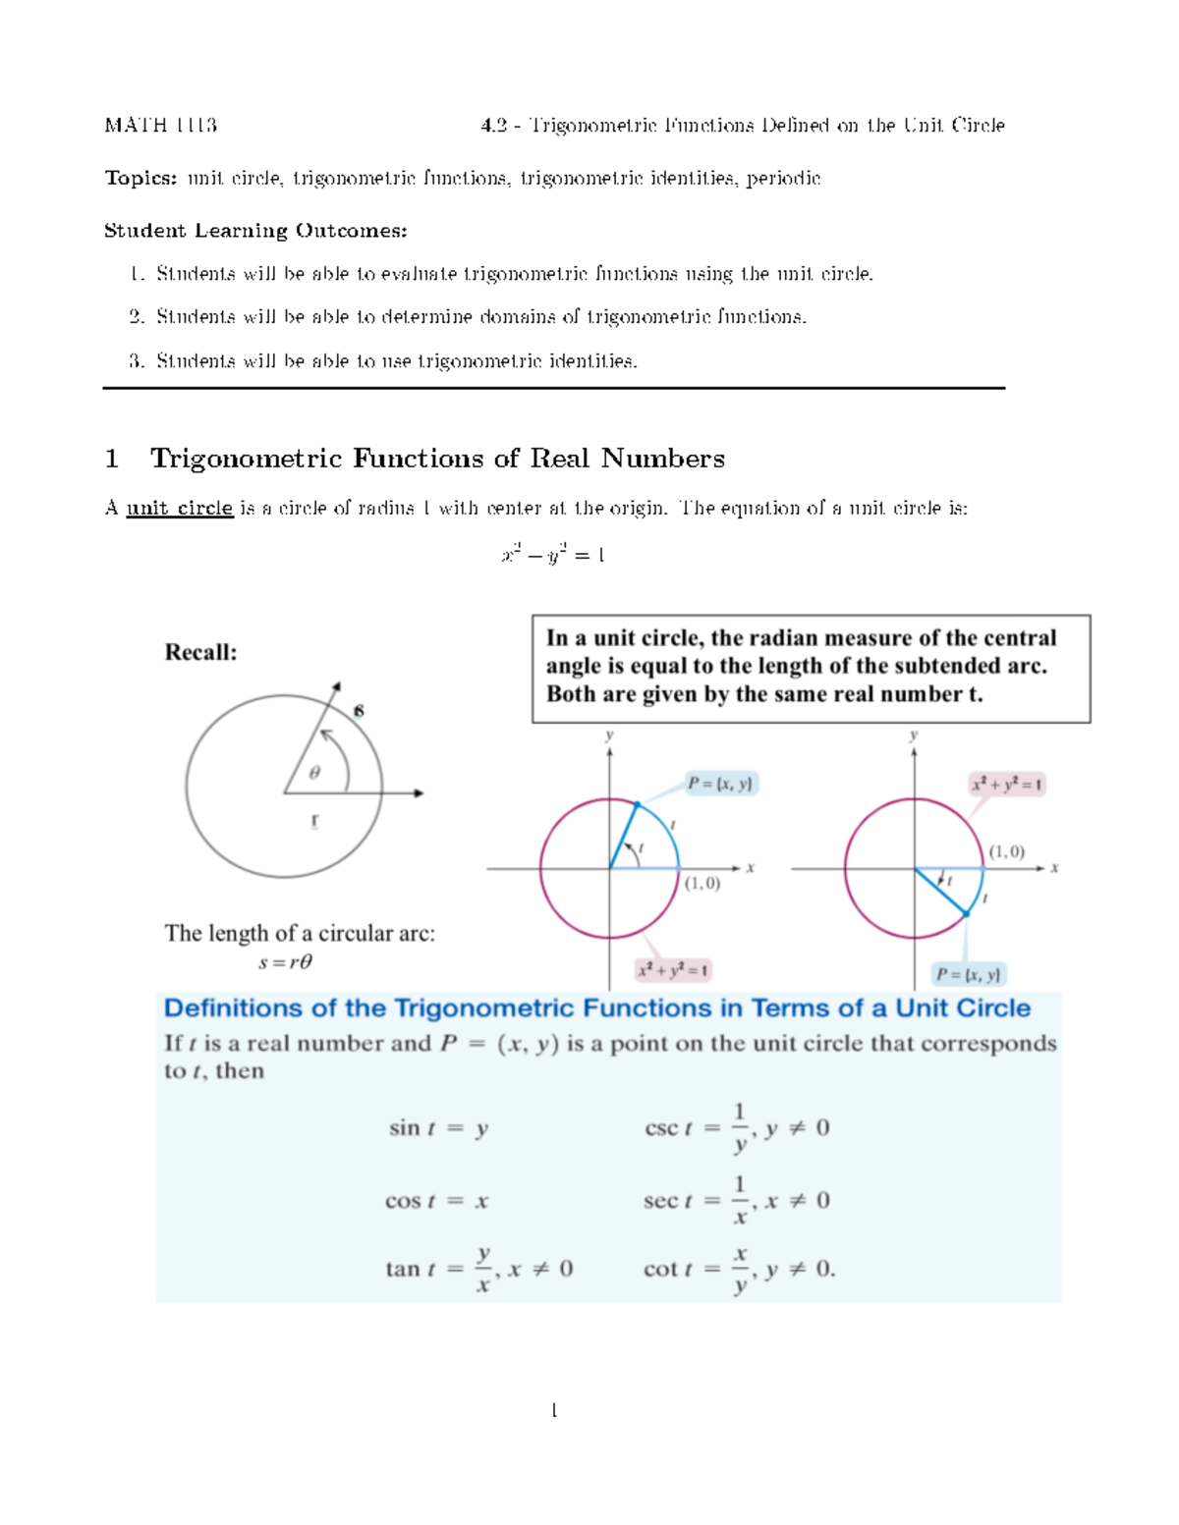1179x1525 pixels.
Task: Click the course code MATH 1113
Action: [x=160, y=125]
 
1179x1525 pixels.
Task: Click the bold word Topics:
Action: [x=141, y=178]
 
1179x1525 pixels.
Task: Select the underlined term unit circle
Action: [x=179, y=508]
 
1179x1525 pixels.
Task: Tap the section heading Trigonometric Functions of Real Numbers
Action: [x=437, y=459]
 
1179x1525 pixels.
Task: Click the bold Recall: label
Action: [x=200, y=652]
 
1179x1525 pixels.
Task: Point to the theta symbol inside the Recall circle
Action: [x=314, y=773]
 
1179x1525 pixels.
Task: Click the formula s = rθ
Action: [x=285, y=962]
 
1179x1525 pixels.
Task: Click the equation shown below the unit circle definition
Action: [x=553, y=555]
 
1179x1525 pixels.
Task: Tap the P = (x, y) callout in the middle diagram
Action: [x=720, y=784]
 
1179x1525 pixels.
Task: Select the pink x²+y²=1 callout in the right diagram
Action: [x=1007, y=785]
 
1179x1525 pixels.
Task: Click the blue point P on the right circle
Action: [x=966, y=914]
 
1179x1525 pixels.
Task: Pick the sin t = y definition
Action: [x=438, y=1128]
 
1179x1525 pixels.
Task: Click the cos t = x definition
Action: [x=436, y=1201]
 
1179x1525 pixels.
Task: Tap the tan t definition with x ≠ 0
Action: [x=479, y=1269]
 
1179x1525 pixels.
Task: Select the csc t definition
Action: [x=737, y=1127]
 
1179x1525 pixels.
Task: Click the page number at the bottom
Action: [x=554, y=1411]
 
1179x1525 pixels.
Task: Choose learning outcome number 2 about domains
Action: [x=480, y=316]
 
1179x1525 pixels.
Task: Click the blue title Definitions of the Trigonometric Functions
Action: [x=597, y=1008]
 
